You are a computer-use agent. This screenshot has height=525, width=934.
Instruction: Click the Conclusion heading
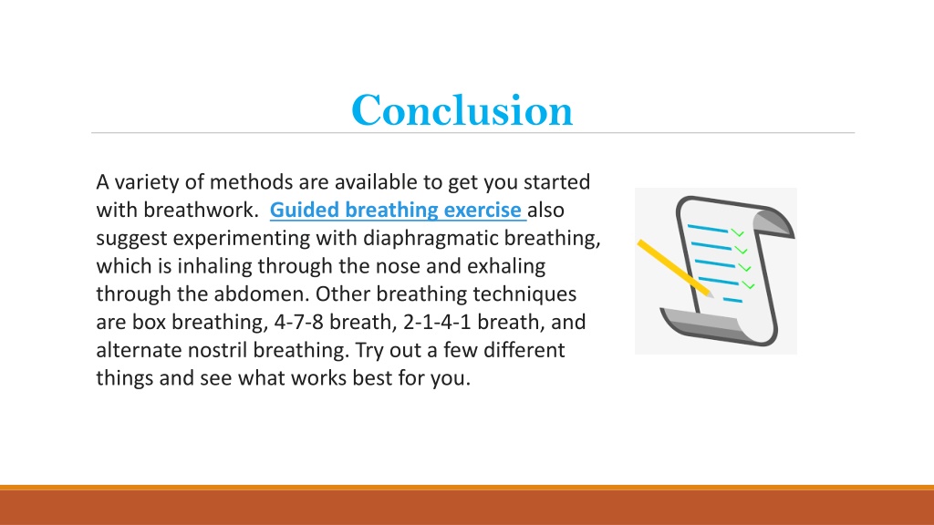tap(462, 110)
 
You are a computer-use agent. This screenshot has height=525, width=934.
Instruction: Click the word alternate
tap(139, 350)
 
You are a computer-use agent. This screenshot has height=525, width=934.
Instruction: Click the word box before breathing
tap(149, 322)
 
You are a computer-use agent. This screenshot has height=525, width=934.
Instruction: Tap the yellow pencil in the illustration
tap(675, 268)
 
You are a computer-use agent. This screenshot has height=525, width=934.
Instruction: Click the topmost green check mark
tap(737, 232)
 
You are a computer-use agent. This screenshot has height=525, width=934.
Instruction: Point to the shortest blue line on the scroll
tap(732, 300)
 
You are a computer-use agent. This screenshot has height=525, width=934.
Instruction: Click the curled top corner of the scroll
tap(773, 221)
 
